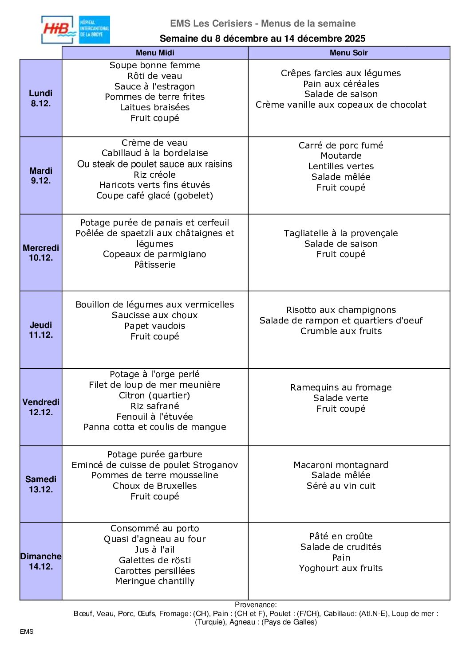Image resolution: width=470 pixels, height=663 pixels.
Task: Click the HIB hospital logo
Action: click(75, 30)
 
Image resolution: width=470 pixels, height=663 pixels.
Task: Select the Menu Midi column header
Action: click(155, 53)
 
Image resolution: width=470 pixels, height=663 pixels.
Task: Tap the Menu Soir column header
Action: click(348, 53)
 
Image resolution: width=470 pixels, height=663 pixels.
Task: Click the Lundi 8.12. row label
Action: click(41, 98)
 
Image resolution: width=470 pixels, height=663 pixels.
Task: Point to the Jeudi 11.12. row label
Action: click(41, 330)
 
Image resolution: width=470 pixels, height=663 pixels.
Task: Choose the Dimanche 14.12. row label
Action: click(41, 561)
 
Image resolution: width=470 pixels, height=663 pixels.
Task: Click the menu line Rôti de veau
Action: click(155, 76)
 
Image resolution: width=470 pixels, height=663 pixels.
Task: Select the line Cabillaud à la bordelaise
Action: click(155, 153)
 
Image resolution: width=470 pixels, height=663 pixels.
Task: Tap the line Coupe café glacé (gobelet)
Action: click(155, 195)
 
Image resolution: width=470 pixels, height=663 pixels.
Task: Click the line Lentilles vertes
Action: click(341, 166)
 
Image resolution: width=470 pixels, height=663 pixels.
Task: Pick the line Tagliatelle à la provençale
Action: click(341, 233)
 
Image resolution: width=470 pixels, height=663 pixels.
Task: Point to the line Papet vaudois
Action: click(155, 326)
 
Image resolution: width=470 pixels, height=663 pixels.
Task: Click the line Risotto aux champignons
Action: click(341, 310)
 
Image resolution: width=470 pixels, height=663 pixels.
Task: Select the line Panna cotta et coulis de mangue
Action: click(155, 427)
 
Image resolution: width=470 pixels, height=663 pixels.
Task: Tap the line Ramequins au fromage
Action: click(341, 387)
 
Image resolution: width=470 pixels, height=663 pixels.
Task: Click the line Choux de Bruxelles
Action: click(155, 486)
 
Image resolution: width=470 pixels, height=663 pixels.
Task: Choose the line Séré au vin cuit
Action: click(341, 486)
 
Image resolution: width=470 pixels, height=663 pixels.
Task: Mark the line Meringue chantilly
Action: click(155, 581)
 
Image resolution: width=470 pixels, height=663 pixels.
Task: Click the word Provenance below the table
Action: click(256, 604)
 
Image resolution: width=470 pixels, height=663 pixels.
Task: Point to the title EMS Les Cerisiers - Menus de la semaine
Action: click(263, 23)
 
